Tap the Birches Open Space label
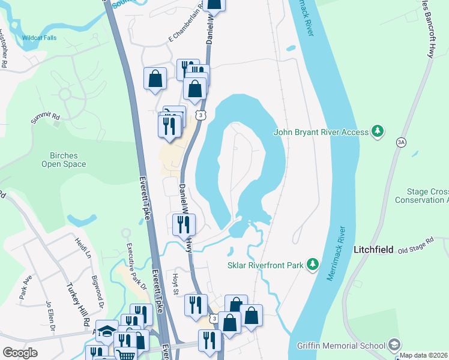64,160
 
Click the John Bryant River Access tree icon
377,131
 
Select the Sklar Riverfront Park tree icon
312,264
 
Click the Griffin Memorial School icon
394,345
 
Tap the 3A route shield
401,141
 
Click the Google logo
20,352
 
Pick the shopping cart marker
125,354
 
